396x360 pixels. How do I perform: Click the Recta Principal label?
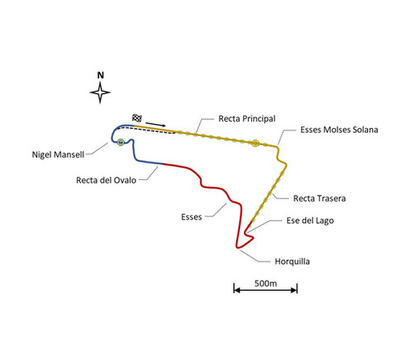[x=247, y=119]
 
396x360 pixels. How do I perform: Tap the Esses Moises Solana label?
[x=339, y=130]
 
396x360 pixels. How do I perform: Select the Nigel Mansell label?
[x=58, y=154]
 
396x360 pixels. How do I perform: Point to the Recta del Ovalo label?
[x=106, y=180]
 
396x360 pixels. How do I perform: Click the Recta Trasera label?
[x=319, y=198]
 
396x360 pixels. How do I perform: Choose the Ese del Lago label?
[x=310, y=220]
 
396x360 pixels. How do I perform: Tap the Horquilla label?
[x=292, y=262]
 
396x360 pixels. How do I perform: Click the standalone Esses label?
[x=191, y=217]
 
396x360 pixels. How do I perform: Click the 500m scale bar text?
[x=266, y=283]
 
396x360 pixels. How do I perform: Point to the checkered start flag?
[x=137, y=118]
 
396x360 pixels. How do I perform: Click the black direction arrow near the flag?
[x=156, y=125]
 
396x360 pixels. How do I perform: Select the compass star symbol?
[x=100, y=92]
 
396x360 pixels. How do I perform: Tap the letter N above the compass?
[x=101, y=75]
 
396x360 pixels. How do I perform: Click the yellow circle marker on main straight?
[x=256, y=143]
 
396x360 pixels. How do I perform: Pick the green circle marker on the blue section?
[x=120, y=142]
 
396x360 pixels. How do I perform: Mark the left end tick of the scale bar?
[x=234, y=288]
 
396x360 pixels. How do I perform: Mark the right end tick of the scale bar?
[x=297, y=288]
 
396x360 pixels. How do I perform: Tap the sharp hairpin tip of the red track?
[x=237, y=248]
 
